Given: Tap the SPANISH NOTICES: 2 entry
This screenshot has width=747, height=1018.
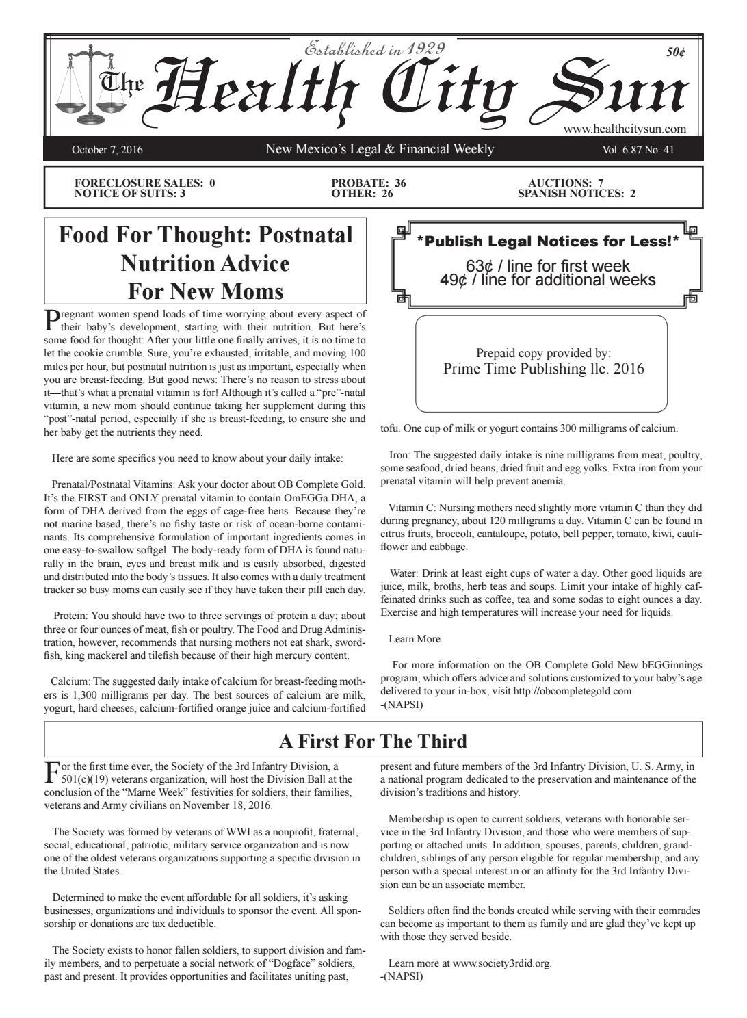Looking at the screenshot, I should [x=577, y=194].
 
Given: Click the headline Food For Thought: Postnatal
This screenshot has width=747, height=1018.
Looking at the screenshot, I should [x=206, y=235].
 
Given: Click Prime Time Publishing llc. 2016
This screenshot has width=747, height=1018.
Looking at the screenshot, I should [x=544, y=369].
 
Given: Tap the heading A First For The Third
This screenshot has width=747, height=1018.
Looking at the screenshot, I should [x=373, y=741].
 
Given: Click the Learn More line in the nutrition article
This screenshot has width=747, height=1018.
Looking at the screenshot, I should [x=415, y=639].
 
